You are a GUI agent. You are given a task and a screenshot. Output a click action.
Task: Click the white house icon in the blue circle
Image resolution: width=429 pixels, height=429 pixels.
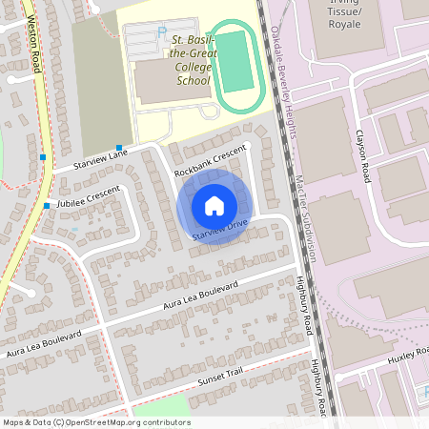coord(214,205)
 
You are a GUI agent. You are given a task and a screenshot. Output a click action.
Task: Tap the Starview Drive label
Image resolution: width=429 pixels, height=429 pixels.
coord(218,232)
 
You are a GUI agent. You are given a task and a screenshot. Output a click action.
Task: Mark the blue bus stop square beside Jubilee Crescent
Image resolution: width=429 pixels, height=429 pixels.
coord(46,205)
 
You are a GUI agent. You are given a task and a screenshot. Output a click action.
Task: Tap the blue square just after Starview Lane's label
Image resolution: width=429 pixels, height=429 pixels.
coord(119,147)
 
